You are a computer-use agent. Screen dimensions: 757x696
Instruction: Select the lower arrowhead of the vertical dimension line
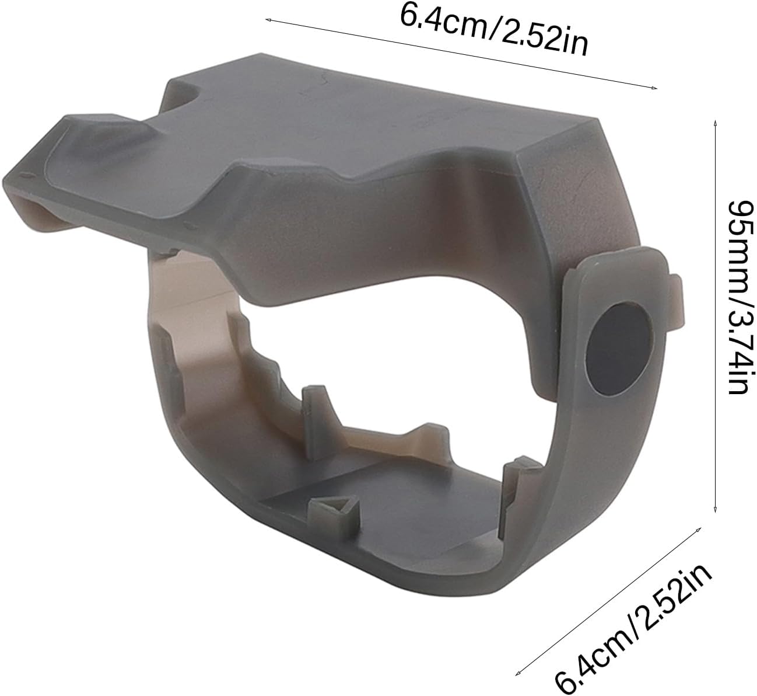tap(715, 510)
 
